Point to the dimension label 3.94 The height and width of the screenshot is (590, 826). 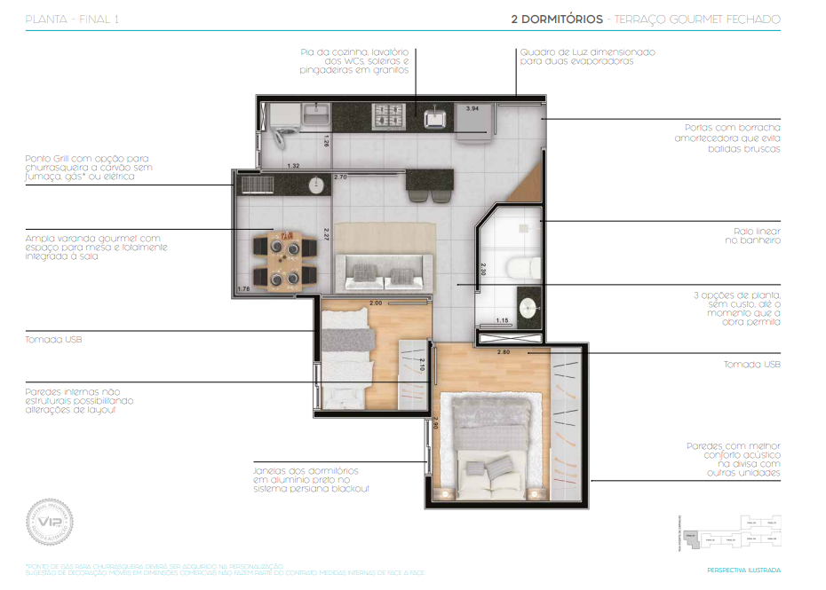(x=473, y=108)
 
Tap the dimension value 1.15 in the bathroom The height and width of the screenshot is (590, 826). (x=501, y=320)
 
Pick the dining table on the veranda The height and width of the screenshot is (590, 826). (x=286, y=259)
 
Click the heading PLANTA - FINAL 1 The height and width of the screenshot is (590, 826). (x=72, y=19)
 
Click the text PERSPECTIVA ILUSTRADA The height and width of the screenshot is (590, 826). (x=744, y=570)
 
